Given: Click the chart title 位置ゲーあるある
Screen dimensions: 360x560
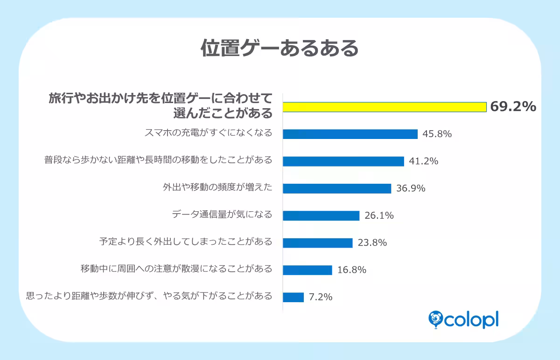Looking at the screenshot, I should click(280, 48).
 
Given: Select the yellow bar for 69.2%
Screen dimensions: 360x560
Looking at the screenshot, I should click(385, 107).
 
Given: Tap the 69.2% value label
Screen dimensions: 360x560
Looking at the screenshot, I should click(512, 107).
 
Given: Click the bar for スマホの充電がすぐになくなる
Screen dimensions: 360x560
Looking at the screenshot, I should click(350, 134).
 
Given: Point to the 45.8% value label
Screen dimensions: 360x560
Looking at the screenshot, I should click(437, 134).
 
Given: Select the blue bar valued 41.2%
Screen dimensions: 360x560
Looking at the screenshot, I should click(343, 161).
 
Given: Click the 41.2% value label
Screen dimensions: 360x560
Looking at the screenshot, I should click(423, 161).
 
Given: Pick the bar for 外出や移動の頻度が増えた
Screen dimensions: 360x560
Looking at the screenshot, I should click(337, 188).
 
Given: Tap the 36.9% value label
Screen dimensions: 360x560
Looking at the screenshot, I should click(410, 188).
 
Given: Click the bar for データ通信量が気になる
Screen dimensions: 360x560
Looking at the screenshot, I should click(321, 215).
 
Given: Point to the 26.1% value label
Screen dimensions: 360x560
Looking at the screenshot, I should click(379, 215).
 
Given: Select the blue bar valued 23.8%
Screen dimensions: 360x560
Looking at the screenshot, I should click(317, 243).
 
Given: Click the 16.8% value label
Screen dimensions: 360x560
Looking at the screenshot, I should click(351, 270).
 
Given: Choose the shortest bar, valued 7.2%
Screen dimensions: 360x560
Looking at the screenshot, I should click(293, 297).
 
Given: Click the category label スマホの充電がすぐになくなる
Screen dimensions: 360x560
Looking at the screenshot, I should click(208, 133).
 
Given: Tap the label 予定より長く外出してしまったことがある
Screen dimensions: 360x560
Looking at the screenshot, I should click(186, 242).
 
